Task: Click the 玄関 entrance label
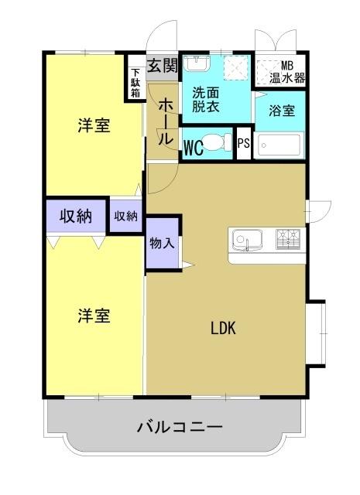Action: (163, 63)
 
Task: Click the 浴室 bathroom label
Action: (281, 111)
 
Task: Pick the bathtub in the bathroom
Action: (280, 145)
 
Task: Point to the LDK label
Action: (223, 327)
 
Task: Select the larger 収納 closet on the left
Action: (75, 217)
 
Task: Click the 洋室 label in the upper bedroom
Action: (93, 126)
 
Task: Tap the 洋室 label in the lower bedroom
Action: (93, 316)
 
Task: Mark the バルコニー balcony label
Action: (180, 426)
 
